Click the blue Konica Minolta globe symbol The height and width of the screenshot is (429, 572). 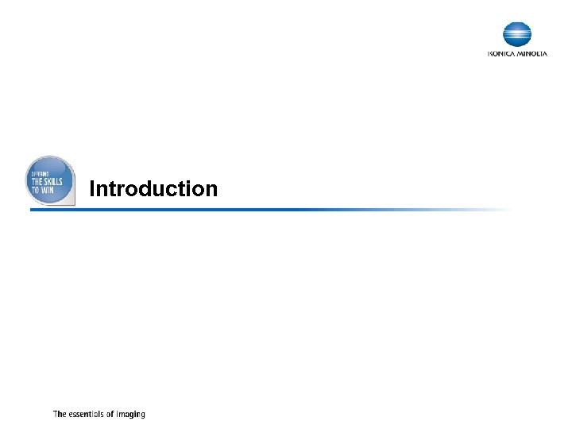click(517, 35)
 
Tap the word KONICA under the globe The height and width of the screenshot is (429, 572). click(501, 54)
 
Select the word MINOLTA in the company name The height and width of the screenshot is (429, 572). click(531, 54)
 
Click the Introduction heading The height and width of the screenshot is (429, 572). click(153, 189)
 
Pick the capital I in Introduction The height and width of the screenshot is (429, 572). click(92, 189)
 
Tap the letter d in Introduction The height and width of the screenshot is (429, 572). click(149, 189)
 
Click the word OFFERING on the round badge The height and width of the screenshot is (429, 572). click(41, 173)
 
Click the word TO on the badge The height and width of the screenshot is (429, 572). click(35, 191)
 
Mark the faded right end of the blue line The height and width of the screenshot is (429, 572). click(500, 210)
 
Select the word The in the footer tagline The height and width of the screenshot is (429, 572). click(60, 414)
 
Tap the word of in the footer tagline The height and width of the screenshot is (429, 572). click(111, 414)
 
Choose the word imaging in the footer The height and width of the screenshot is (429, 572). click(131, 415)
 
